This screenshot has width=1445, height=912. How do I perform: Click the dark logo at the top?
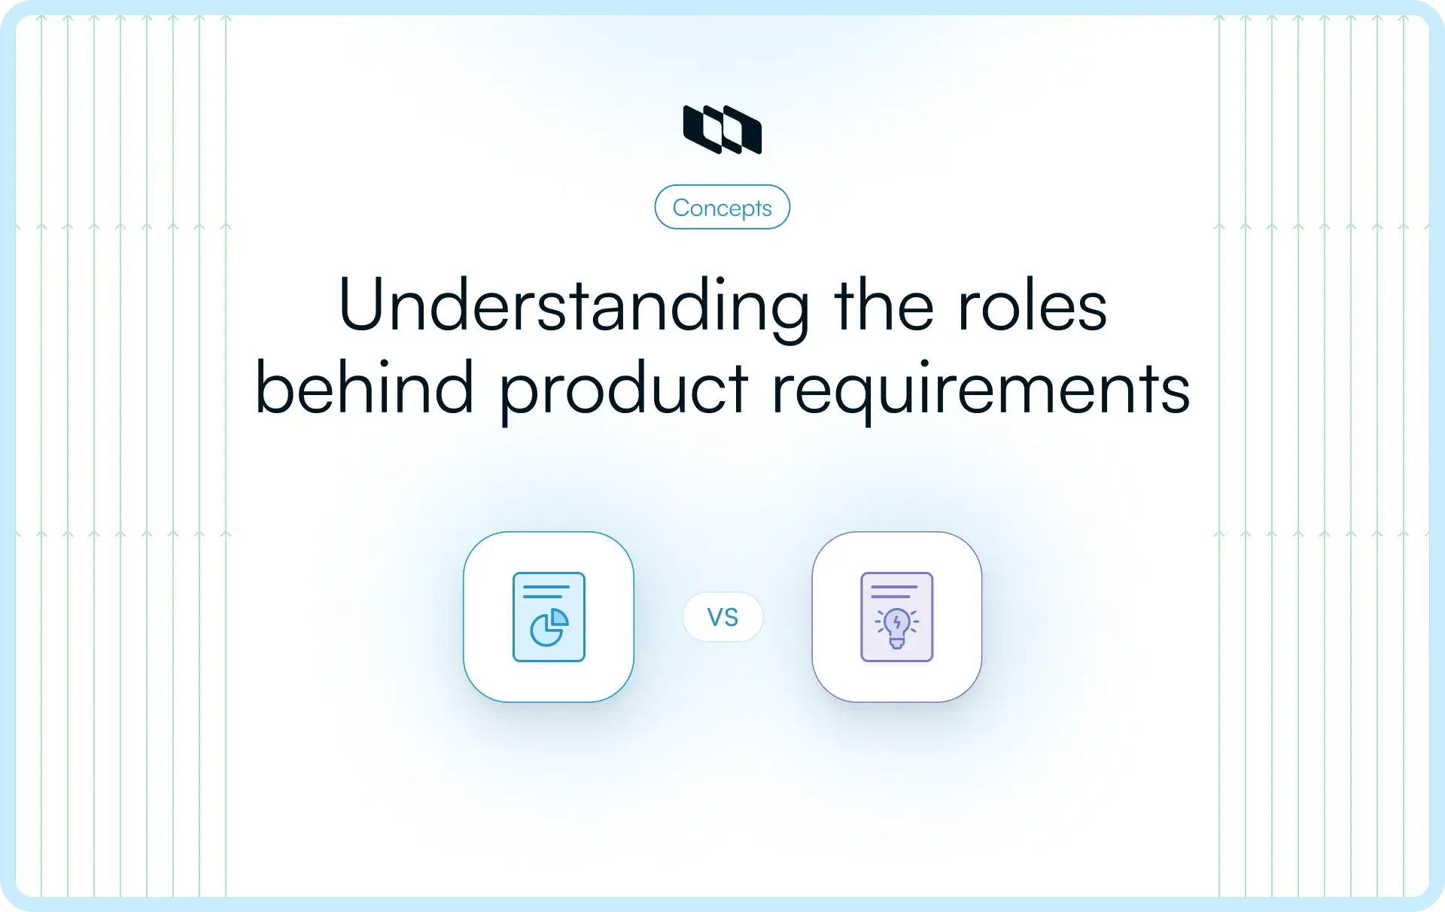click(x=722, y=129)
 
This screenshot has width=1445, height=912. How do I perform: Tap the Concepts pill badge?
click(x=722, y=207)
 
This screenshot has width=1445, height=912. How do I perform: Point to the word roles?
click(x=1033, y=306)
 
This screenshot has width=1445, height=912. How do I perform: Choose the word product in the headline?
click(x=624, y=390)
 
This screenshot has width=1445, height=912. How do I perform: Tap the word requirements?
click(x=981, y=390)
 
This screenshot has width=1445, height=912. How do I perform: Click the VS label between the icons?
click(x=722, y=617)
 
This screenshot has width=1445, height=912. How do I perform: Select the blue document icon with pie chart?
click(x=549, y=617)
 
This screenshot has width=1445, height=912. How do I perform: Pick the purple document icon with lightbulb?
click(x=896, y=617)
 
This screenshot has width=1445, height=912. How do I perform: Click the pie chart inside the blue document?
click(x=549, y=628)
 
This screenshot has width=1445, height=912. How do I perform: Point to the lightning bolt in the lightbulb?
click(x=896, y=622)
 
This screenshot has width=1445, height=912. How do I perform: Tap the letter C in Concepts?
click(x=682, y=208)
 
